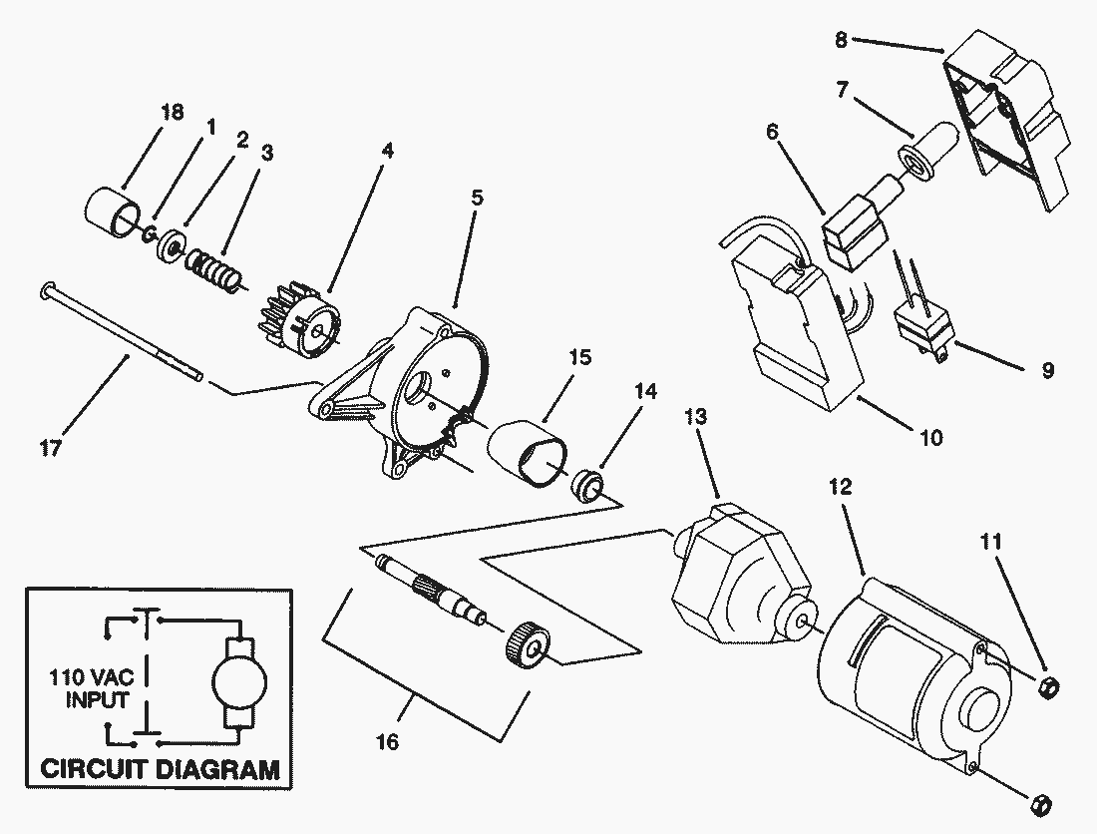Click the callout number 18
[172, 112]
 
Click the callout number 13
[696, 417]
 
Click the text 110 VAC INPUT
[90, 687]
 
